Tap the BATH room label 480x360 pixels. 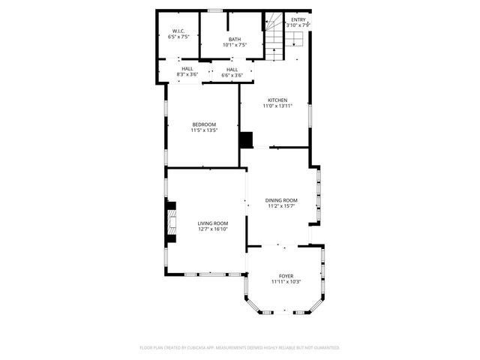point(235,39)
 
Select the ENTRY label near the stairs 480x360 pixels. point(298,19)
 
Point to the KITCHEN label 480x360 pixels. point(277,100)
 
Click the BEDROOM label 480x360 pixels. point(204,124)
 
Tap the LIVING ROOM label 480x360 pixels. point(213,223)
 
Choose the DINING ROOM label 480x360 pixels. point(281,200)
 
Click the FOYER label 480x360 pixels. point(286,276)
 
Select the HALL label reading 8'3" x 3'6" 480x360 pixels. point(187,69)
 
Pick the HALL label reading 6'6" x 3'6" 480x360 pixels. point(232,70)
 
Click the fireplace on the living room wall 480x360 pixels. point(171,223)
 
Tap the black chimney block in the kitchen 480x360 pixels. point(246,140)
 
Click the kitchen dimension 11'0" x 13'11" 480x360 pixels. point(277,106)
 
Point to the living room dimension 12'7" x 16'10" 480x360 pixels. point(213,229)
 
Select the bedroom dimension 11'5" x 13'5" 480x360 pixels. point(204,130)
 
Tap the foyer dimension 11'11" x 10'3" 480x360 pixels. point(286,282)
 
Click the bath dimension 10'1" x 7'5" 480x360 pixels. point(235,45)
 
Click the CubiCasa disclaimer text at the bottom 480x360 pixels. point(240,347)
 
